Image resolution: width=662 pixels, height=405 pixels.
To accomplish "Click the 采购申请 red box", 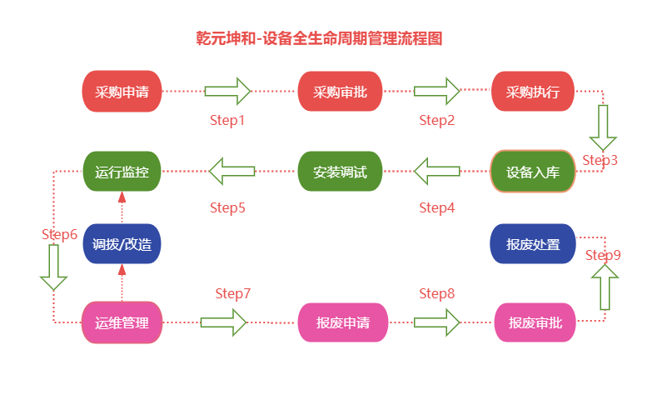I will (122, 92).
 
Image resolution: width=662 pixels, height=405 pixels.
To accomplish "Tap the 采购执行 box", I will (533, 92).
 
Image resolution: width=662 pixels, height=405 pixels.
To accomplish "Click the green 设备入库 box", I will (533, 172).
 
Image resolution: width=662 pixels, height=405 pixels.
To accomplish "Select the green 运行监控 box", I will (122, 172).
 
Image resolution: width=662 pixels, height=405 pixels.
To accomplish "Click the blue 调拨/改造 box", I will (122, 244).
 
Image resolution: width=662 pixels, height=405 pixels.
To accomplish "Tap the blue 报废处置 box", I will (533, 244).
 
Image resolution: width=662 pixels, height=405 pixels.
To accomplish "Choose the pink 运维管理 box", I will (122, 322).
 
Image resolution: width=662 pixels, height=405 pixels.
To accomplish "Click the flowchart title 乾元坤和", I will (318, 38).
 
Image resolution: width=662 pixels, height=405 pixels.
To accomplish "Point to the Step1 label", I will (226, 120).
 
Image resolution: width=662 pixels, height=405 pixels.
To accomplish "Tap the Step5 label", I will (226, 207).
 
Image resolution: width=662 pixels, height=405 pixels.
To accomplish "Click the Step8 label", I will (437, 293).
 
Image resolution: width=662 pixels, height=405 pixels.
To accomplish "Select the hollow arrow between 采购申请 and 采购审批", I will (228, 91).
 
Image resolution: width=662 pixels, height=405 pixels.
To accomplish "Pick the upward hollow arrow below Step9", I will (605, 287).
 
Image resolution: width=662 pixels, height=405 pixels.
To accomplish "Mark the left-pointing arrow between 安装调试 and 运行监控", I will (232, 171).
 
